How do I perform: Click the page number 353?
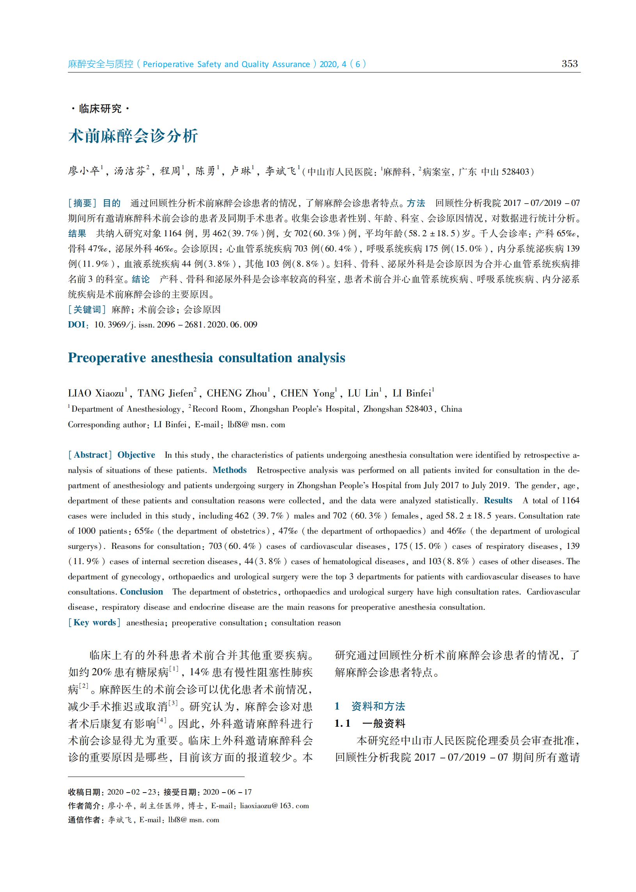[x=569, y=64]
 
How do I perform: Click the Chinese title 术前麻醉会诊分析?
[x=133, y=136]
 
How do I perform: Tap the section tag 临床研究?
[x=100, y=108]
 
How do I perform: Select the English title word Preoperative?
[x=107, y=358]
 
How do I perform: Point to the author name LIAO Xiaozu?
[x=96, y=393]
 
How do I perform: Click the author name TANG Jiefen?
[x=165, y=393]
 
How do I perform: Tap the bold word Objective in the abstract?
[x=136, y=455]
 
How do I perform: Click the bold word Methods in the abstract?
[x=229, y=470]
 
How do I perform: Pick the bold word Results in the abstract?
[x=498, y=500]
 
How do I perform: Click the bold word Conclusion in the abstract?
[x=141, y=591]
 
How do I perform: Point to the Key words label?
[x=94, y=623]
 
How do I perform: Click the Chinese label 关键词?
[x=87, y=310]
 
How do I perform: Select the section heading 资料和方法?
[x=378, y=706]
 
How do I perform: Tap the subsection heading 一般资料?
[x=384, y=723]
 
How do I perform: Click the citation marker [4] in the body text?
[x=162, y=720]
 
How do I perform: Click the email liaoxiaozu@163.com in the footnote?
[x=274, y=805]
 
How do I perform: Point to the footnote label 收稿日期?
[x=84, y=792]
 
